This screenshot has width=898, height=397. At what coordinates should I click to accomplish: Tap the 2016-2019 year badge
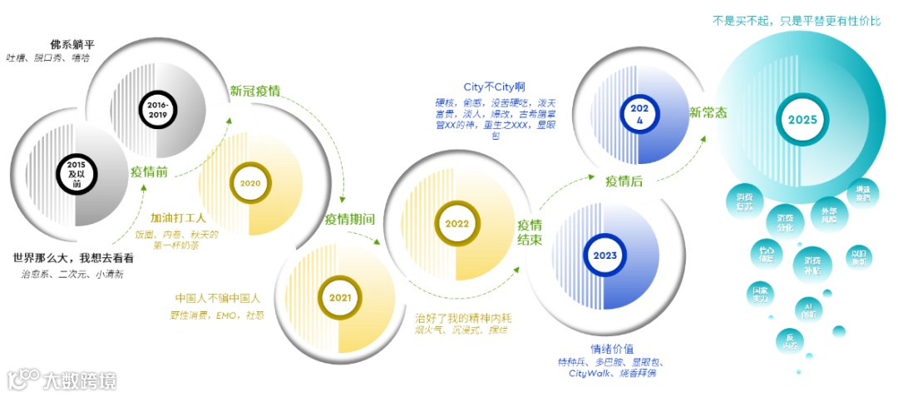pyautogui.click(x=156, y=108)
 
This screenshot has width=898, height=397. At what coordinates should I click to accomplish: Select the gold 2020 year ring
pyautogui.click(x=250, y=182)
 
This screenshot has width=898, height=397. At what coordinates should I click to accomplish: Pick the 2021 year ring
pyautogui.click(x=339, y=298)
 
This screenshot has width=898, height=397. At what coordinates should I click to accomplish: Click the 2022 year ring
pyautogui.click(x=456, y=223)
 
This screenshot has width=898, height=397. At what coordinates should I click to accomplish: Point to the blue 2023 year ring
pyautogui.click(x=604, y=255)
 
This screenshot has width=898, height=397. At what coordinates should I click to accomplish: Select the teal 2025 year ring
pyautogui.click(x=802, y=119)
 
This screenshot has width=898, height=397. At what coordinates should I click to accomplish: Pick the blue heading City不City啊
pyautogui.click(x=495, y=86)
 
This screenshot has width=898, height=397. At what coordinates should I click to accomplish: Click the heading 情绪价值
pyautogui.click(x=611, y=348)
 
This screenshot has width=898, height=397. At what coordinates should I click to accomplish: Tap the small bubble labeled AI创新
pyautogui.click(x=809, y=309)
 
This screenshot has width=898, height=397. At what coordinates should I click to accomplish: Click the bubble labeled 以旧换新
pyautogui.click(x=859, y=257)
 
